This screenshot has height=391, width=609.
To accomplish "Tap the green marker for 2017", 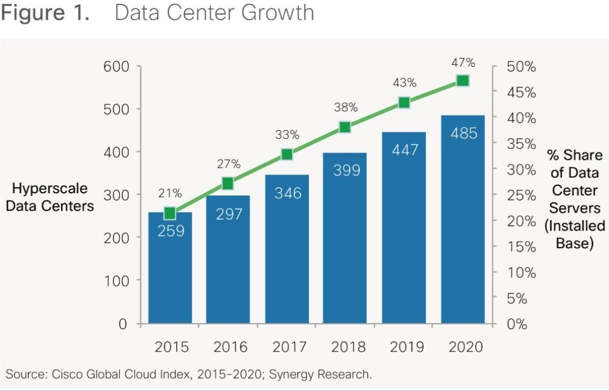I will coord(286,154).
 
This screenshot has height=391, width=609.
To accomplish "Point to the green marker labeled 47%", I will coord(463,81).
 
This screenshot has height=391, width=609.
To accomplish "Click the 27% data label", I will coord(229,164).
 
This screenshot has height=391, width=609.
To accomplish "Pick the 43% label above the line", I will coord(404,83).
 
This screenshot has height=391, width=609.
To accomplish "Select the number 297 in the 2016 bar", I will coord(228,214).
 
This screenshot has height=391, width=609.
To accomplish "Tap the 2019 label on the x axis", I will coord(407,346).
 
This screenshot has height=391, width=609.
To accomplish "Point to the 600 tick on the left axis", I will coord(116,67).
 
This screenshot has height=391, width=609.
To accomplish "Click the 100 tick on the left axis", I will coord(116,281).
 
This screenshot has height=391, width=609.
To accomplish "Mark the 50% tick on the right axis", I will coord(521,67).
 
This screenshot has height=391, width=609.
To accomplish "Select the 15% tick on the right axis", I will coord(521,247).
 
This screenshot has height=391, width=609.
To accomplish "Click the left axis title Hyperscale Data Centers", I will coord(50,197).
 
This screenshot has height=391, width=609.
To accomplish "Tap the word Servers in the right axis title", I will coord(575,207).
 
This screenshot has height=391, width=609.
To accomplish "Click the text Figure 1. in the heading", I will coord(45,12).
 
